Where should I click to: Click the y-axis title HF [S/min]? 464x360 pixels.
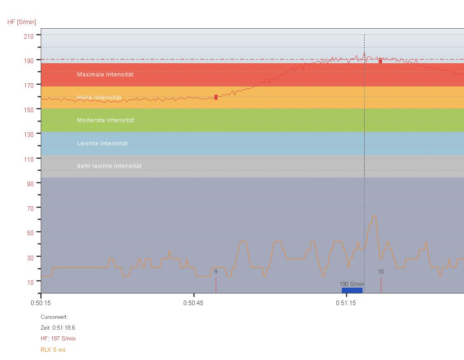(x=22, y=22)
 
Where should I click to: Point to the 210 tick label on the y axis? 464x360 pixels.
(x=29, y=37)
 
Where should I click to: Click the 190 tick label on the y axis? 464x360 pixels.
(x=29, y=61)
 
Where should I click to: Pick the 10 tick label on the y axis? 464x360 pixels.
(x=30, y=283)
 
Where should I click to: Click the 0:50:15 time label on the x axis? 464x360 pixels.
(x=41, y=303)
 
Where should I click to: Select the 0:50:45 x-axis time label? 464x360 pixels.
(x=193, y=303)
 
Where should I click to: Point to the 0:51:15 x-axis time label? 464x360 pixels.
(x=346, y=303)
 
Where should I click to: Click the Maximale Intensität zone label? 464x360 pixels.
(x=105, y=74)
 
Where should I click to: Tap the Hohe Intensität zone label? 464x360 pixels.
(x=99, y=98)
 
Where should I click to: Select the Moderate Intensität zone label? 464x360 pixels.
(x=106, y=120)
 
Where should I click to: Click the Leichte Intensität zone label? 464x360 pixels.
(x=102, y=143)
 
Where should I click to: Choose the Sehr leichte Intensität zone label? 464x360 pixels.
(x=109, y=166)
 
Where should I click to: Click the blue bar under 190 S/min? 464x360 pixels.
(x=352, y=290)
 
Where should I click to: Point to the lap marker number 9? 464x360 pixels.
(x=215, y=272)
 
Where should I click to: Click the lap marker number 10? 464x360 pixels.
(x=380, y=272)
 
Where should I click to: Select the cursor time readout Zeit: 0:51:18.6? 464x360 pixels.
(x=58, y=328)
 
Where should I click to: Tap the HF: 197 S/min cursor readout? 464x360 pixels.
(x=58, y=338)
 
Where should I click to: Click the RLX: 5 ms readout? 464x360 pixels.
(x=53, y=350)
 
